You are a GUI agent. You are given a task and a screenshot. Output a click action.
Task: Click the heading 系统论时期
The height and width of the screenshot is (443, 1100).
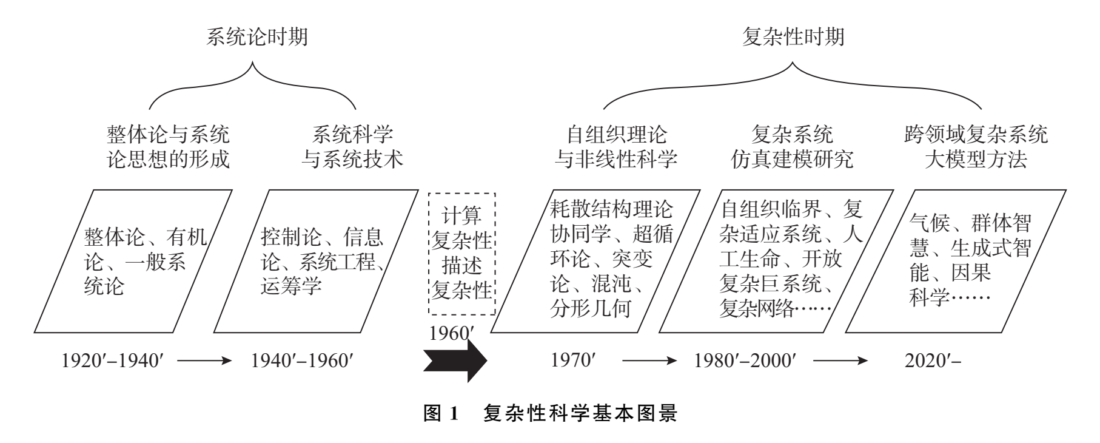click(x=257, y=37)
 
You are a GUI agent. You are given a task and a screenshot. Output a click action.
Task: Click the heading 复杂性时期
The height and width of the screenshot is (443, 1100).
click(x=793, y=37)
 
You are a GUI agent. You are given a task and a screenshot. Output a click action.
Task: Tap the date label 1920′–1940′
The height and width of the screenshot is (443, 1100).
click(x=113, y=360)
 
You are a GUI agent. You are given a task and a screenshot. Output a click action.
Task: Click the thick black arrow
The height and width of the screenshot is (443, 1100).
click(x=455, y=360)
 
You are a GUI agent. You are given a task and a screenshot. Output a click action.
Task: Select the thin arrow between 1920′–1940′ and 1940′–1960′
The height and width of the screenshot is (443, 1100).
click(x=204, y=360)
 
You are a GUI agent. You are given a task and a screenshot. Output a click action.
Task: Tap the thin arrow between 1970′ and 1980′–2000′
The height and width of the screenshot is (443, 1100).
click(x=649, y=360)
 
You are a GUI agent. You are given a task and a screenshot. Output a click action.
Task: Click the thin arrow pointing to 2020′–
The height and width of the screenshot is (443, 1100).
click(x=840, y=360)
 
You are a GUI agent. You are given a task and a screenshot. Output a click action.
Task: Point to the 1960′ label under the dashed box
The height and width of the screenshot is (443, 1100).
click(x=451, y=334)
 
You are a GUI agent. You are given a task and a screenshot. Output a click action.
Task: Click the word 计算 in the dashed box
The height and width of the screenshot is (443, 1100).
click(x=461, y=216)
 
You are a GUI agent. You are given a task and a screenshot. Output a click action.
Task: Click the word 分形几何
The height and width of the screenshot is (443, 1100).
click(x=591, y=308)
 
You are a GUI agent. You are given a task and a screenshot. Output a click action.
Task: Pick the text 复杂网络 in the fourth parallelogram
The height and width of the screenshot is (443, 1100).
click(x=756, y=308)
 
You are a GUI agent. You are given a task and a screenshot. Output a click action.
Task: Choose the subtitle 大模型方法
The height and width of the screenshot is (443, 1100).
click(x=976, y=160)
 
